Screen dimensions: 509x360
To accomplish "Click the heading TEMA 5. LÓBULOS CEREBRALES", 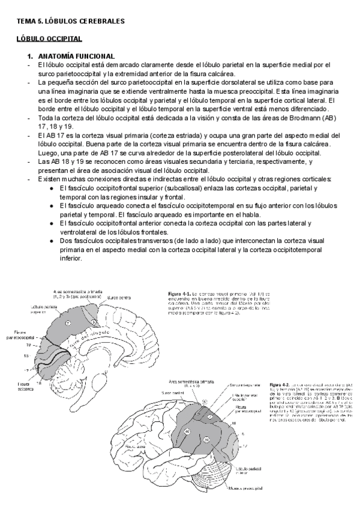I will [70, 21].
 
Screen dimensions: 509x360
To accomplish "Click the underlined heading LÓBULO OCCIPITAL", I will [49, 39].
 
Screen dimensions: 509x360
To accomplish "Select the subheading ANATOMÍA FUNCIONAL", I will [72, 56].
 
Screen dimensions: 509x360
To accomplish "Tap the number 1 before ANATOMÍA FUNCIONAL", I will [28, 56].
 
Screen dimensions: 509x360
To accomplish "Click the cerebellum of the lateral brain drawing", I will [214, 477].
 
